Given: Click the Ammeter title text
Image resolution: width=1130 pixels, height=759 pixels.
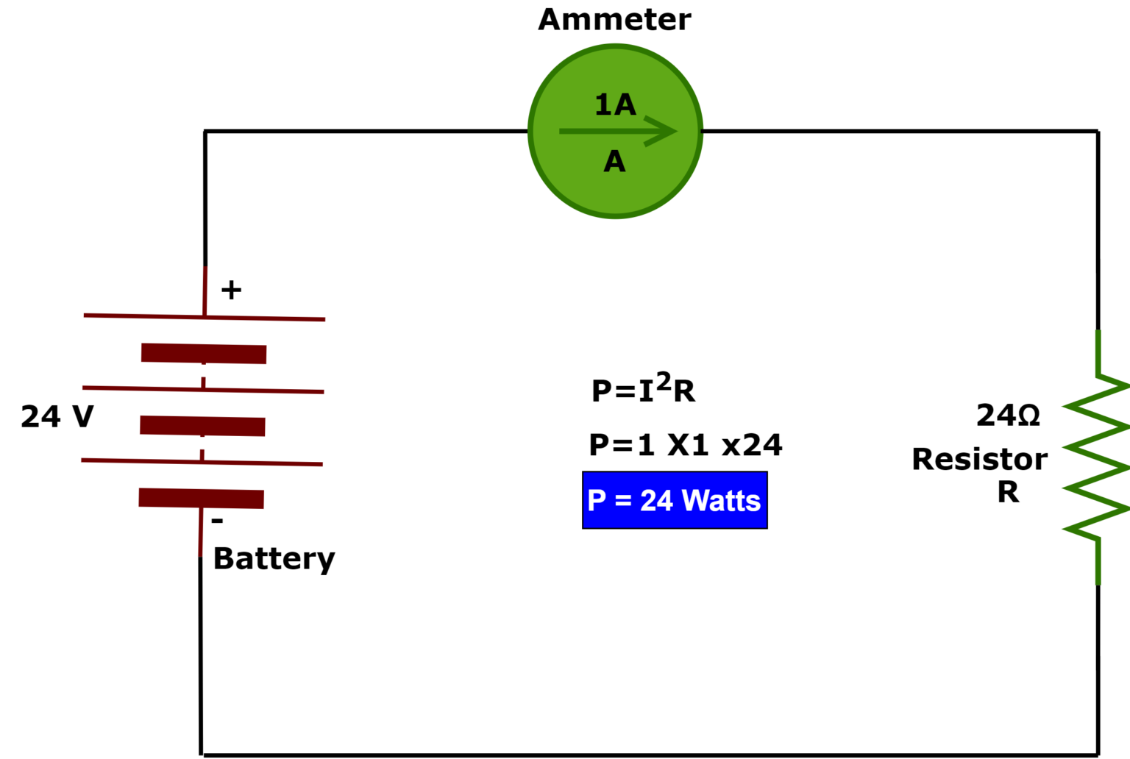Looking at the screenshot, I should pos(614,20).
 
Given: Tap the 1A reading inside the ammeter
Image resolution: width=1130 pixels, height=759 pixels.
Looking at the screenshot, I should pos(615,105).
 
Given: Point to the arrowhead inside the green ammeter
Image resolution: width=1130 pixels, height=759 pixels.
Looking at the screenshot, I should pos(662,131).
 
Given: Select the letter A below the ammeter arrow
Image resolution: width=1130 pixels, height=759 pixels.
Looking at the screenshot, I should pos(614,162).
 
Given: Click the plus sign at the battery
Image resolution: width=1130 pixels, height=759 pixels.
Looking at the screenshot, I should pos(231,290).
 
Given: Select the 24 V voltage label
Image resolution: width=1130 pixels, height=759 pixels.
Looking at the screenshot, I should pos(57,417).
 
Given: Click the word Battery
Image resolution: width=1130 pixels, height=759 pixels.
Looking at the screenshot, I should pos(274,559).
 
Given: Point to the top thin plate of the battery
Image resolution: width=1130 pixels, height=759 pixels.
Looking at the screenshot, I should pos(204,317).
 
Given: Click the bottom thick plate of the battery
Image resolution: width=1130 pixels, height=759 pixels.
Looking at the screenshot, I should pos(201,498).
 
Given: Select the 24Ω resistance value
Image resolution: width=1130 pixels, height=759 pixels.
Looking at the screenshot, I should pos(1008,416).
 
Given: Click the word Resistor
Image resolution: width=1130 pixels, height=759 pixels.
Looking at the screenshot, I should pos(979,460).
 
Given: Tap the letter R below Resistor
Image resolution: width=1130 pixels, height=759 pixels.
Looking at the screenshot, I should pos(1008,492).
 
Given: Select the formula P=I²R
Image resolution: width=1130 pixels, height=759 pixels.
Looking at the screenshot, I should pos(643,389).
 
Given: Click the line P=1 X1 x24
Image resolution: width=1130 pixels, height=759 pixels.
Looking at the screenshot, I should pos(685,446).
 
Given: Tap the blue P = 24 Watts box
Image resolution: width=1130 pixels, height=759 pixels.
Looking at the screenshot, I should pos(675,500).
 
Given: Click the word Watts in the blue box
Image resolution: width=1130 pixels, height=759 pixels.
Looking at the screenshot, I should pos(720,501).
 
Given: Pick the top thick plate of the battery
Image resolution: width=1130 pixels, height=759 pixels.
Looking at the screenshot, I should pos(204,353).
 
